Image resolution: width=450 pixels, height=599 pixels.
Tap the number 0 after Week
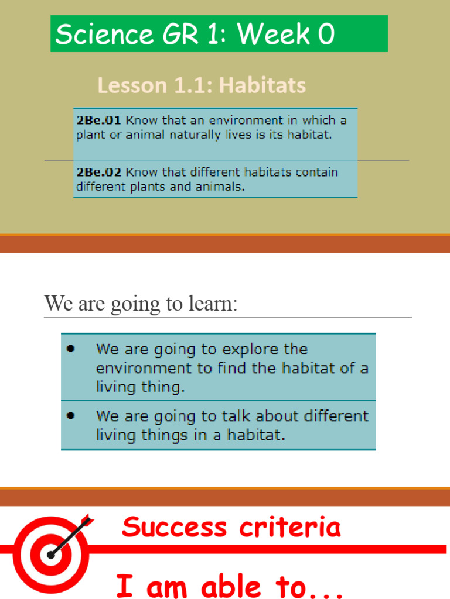(x=326, y=35)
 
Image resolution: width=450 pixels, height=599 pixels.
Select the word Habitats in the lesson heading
(x=263, y=85)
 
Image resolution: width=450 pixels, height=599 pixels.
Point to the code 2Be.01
(x=98, y=121)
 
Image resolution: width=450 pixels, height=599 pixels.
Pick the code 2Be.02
(x=98, y=173)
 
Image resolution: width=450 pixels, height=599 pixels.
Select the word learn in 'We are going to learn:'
(x=213, y=304)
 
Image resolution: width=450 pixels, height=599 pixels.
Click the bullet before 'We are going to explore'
(x=71, y=349)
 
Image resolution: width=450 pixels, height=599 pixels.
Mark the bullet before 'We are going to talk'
(x=71, y=416)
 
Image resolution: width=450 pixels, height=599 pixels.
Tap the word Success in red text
(x=174, y=527)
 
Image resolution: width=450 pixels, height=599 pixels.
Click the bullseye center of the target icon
(x=52, y=553)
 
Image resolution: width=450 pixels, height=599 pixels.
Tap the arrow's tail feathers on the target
(x=86, y=520)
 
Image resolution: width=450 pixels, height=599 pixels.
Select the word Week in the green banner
(x=274, y=35)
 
